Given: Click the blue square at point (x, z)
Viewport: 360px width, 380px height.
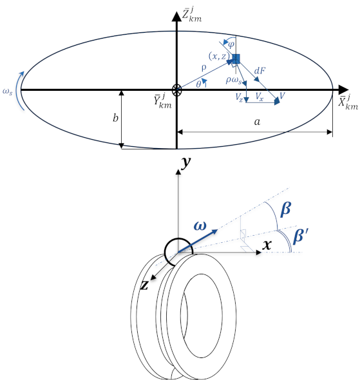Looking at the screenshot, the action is coord(236,59).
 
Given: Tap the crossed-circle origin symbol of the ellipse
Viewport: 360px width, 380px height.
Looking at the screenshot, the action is coord(176,90).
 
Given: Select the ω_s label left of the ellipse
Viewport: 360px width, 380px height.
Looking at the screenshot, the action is coord(7,92).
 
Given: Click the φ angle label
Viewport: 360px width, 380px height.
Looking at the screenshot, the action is coord(231,44).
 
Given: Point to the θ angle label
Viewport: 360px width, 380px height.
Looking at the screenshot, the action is coord(198,84).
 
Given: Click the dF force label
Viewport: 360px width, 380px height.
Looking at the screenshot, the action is coord(260,71).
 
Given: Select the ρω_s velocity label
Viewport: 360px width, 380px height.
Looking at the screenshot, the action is coord(234,81).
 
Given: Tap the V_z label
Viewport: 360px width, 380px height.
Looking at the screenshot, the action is coord(239,98).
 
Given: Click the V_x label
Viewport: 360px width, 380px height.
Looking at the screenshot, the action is coord(260,97).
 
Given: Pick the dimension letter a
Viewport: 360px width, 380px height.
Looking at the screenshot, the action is coord(257,122).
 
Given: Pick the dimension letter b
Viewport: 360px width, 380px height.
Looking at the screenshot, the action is coord(115,118).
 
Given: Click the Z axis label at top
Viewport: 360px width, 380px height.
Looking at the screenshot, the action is coord(191,15).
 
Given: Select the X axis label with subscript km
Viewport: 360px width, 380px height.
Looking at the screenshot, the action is coord(348,102).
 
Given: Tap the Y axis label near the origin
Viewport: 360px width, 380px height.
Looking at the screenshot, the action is coord(162,101).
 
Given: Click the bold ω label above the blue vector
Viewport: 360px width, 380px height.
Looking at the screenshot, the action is coord(200,226).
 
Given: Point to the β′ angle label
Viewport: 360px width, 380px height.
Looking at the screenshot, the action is coord(300,236).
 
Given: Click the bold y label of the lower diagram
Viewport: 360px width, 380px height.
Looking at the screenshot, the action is coord(186,162).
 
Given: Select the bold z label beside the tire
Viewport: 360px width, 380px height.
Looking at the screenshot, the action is coord(144,285).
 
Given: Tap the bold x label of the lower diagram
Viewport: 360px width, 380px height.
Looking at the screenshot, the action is coord(267,245).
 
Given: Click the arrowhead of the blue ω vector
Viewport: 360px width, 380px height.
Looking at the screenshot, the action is coord(215,231).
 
